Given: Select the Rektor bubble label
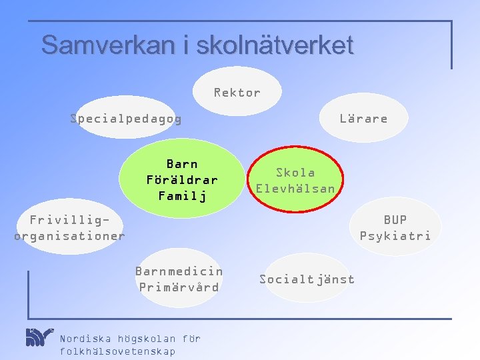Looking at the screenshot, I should [x=237, y=93].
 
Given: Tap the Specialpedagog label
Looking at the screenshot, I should [x=126, y=119].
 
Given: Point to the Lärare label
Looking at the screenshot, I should [x=363, y=119].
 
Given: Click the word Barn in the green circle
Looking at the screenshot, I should [x=182, y=164].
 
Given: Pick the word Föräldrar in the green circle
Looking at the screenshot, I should [x=182, y=180].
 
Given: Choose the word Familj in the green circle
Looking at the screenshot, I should [x=182, y=196].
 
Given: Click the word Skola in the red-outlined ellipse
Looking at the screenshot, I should [x=295, y=173].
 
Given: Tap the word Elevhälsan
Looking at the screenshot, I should [x=295, y=189].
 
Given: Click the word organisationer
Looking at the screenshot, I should [x=69, y=235].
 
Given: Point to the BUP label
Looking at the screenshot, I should [x=395, y=219].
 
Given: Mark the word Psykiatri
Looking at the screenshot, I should [x=395, y=235].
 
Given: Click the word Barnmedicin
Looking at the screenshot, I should [x=179, y=271].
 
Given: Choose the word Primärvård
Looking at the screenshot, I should [x=179, y=287].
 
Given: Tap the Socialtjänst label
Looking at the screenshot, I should [x=307, y=279].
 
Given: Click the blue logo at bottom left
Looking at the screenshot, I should [x=39, y=337].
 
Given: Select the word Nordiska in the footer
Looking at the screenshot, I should [x=85, y=339].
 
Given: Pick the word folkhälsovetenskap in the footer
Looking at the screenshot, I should [x=117, y=351].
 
